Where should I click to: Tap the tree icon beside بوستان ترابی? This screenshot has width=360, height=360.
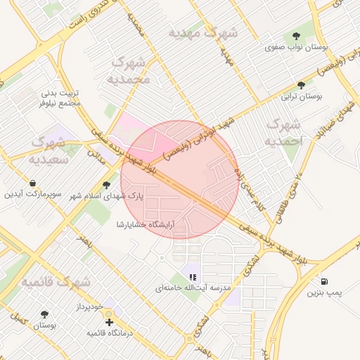click(302, 84)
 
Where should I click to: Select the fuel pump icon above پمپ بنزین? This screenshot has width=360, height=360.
click(324, 280)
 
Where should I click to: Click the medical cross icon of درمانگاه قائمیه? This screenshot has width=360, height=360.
click(108, 322)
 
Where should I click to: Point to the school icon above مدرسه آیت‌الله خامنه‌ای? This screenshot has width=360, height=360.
click(193, 276)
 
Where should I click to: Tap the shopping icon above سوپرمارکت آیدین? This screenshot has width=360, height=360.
click(34, 183)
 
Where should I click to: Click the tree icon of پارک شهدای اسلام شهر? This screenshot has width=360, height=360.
click(107, 186)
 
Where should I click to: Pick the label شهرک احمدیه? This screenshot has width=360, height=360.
click(283, 133)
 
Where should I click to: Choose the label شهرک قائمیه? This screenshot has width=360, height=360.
click(56, 282)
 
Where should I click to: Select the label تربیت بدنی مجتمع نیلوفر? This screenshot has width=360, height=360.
click(60, 98)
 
